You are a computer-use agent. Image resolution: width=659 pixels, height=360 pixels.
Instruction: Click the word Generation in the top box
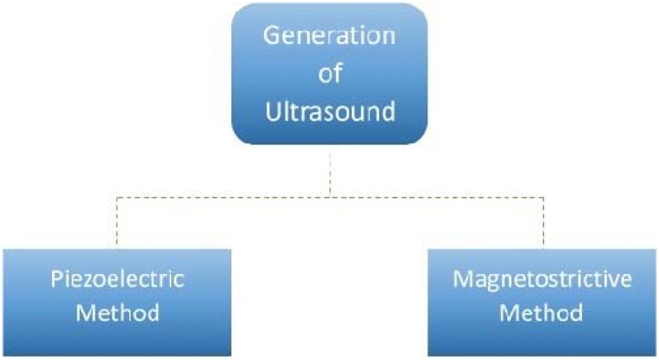click(330, 35)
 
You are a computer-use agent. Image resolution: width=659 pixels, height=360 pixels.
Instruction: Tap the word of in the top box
click(330, 74)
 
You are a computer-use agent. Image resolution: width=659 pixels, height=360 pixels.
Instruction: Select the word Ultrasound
click(331, 111)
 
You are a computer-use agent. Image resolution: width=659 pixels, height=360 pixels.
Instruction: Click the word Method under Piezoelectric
click(117, 313)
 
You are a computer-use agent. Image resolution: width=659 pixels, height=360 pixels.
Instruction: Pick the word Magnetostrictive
click(542, 279)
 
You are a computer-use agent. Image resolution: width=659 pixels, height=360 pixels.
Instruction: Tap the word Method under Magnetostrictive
click(541, 313)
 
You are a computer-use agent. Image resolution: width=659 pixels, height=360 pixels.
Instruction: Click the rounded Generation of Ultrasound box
click(330, 74)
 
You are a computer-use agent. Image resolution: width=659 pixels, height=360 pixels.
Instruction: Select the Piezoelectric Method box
click(117, 303)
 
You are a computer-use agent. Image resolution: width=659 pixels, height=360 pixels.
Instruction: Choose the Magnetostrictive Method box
click(542, 303)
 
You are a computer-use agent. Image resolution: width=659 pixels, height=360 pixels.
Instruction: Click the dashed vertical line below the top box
click(330, 171)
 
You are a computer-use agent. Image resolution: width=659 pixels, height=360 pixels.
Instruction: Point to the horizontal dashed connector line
click(331, 197)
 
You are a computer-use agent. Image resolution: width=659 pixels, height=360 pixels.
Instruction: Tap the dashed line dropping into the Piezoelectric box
click(117, 223)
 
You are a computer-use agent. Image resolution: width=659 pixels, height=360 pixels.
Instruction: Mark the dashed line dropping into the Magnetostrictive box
click(543, 223)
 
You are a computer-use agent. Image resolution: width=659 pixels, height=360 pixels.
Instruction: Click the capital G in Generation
click(272, 35)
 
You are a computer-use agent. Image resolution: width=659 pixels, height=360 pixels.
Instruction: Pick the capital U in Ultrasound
click(273, 111)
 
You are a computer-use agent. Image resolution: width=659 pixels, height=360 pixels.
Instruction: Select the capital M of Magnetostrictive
click(464, 279)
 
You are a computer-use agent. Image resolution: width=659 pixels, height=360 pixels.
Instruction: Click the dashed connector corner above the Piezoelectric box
click(117, 197)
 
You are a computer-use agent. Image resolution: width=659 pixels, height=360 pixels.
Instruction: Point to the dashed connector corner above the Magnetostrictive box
click(543, 197)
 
